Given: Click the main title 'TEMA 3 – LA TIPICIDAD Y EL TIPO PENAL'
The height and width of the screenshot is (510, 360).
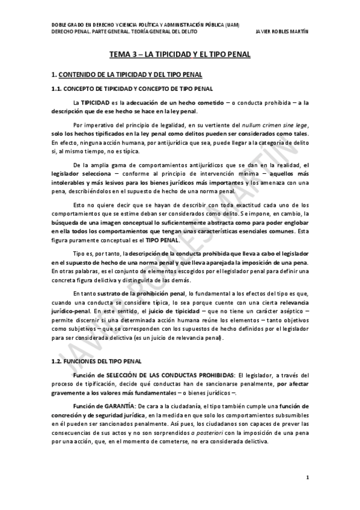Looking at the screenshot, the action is click(180, 54).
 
